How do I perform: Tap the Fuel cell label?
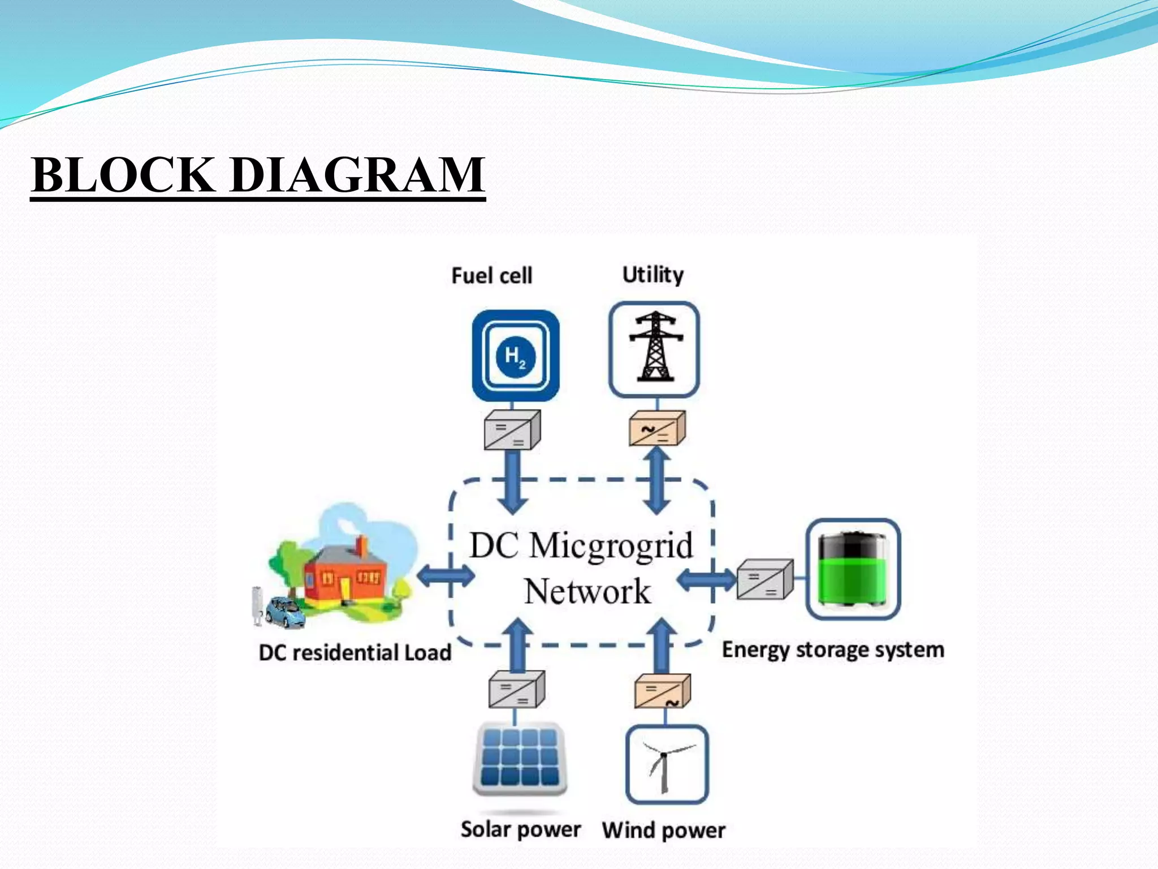pos(491,276)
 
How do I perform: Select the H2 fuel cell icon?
pos(515,356)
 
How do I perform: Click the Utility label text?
pos(653,274)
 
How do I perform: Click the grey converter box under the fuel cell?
pos(512,430)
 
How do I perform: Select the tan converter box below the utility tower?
pos(657,428)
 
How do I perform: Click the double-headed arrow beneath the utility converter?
pos(657,480)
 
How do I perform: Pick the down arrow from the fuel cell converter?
pos(512,483)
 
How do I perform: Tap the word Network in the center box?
pos(587,592)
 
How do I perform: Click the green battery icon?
pos(853,569)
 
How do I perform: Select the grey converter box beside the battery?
pos(765,579)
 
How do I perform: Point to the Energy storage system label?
pos(833,649)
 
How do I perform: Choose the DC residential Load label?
pos(355,652)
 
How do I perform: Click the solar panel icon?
pos(520,760)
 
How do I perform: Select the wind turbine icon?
pos(667,764)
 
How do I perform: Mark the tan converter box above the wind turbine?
pos(662,691)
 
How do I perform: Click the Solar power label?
pos(520,829)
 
